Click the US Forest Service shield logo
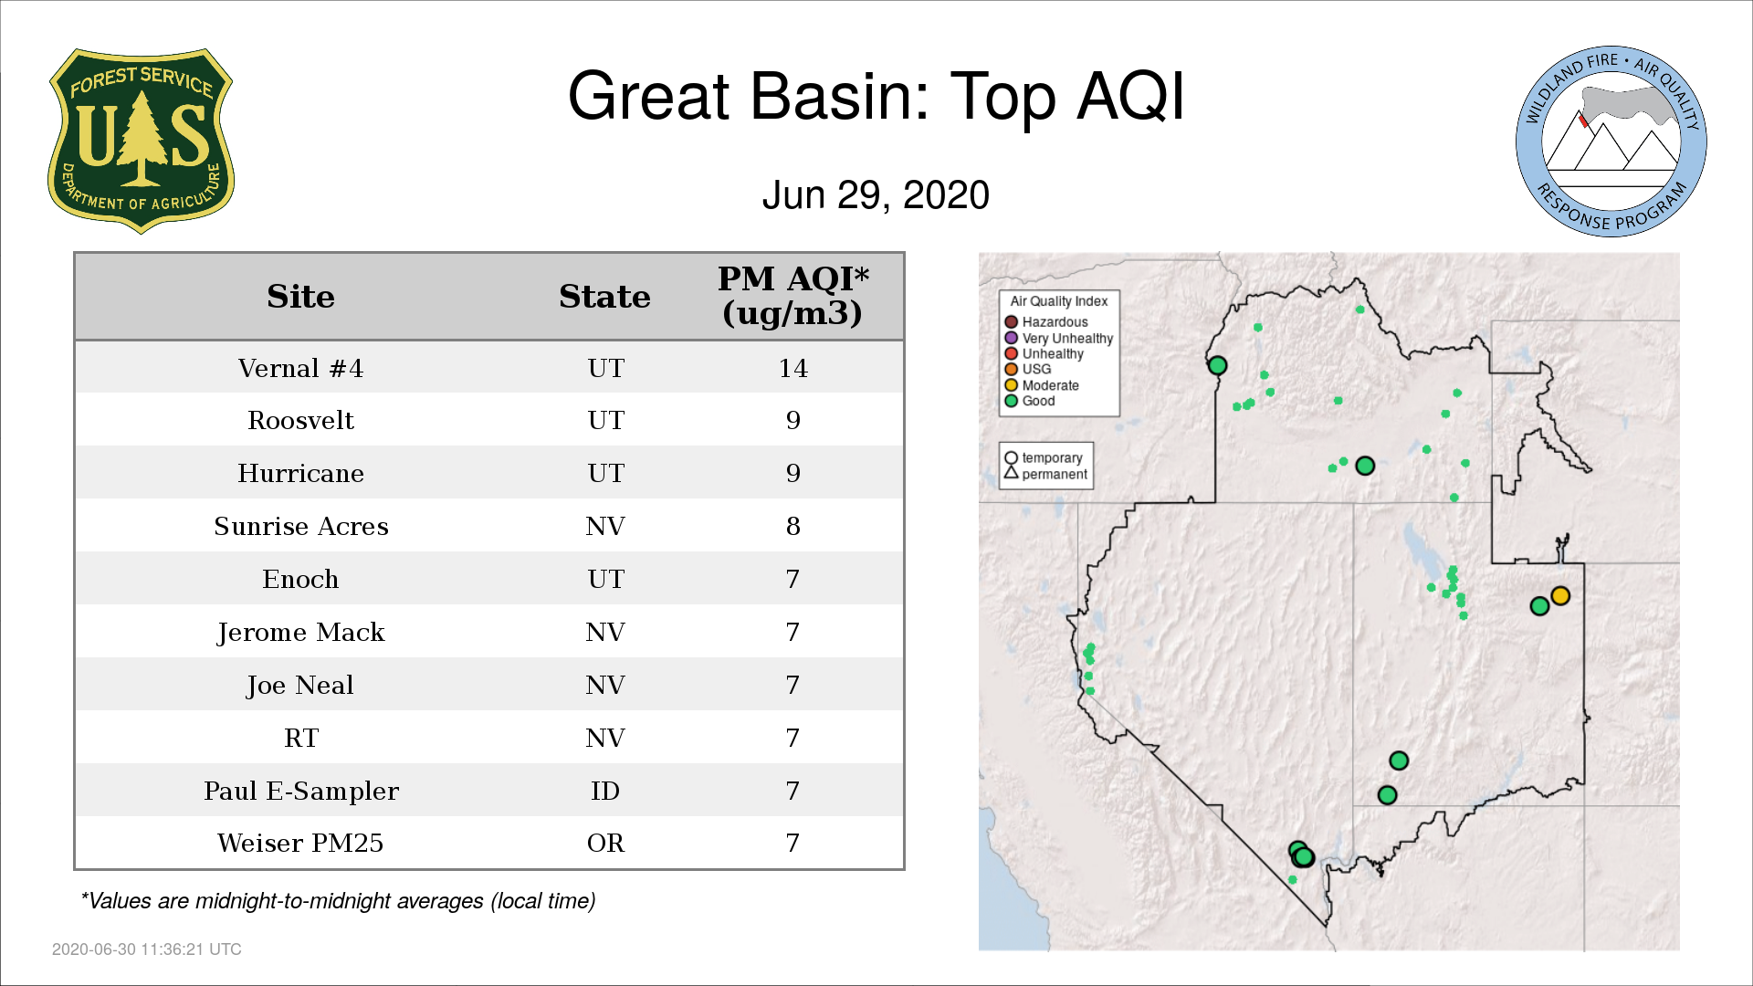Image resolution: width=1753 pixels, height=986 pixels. click(x=141, y=141)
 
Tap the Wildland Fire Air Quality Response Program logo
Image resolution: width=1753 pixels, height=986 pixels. click(x=1611, y=142)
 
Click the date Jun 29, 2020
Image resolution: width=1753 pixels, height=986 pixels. click(x=876, y=195)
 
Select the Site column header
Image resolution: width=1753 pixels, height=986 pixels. click(x=300, y=297)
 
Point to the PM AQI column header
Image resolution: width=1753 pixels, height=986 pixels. click(x=793, y=296)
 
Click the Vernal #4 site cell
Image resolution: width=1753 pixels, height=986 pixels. click(x=300, y=368)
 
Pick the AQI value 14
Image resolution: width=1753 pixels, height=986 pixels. click(x=793, y=368)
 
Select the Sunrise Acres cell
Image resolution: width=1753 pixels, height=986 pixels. click(x=300, y=527)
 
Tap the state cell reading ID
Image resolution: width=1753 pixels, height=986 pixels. click(x=605, y=791)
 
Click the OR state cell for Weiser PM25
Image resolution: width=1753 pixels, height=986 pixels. click(x=605, y=844)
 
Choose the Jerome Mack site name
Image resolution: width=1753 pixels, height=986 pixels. click(x=300, y=633)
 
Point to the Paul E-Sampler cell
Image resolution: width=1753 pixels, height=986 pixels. click(x=300, y=791)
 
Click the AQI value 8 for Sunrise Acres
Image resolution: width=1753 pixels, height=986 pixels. click(x=793, y=527)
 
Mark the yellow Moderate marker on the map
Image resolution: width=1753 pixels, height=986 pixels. click(x=1560, y=596)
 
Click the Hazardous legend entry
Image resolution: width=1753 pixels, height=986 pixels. click(x=1046, y=322)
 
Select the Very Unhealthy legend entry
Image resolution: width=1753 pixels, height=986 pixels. click(x=1059, y=338)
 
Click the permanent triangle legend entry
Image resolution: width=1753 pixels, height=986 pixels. click(x=1045, y=474)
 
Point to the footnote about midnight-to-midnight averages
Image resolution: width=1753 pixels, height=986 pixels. click(x=338, y=901)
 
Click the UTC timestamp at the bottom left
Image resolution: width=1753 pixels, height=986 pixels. click(x=147, y=949)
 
